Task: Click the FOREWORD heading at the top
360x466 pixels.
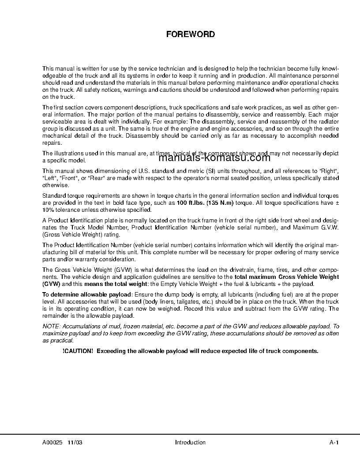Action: coord(190,34)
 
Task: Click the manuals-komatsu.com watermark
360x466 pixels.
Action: coord(214,158)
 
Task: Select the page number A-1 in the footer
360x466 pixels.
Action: coord(334,443)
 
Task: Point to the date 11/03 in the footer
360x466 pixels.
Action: coord(75,443)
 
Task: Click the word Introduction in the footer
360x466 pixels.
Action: coord(190,443)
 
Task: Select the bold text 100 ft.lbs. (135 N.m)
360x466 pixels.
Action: coord(205,203)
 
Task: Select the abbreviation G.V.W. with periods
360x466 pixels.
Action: coord(328,228)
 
